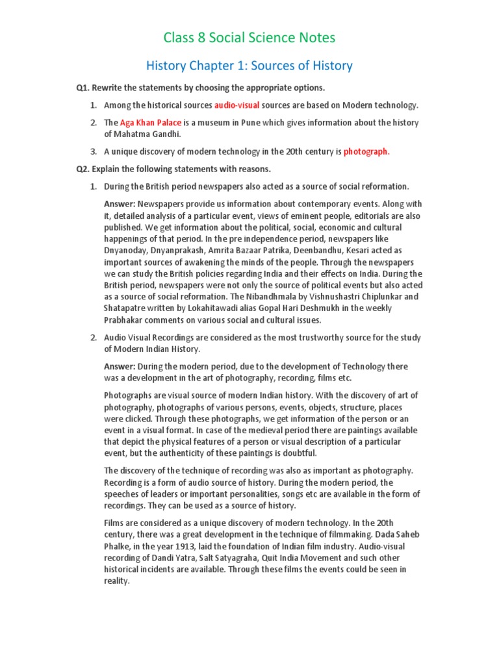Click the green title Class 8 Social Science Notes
point(249,38)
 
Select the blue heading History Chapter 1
point(249,66)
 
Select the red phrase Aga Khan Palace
point(151,123)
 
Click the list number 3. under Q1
point(94,152)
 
